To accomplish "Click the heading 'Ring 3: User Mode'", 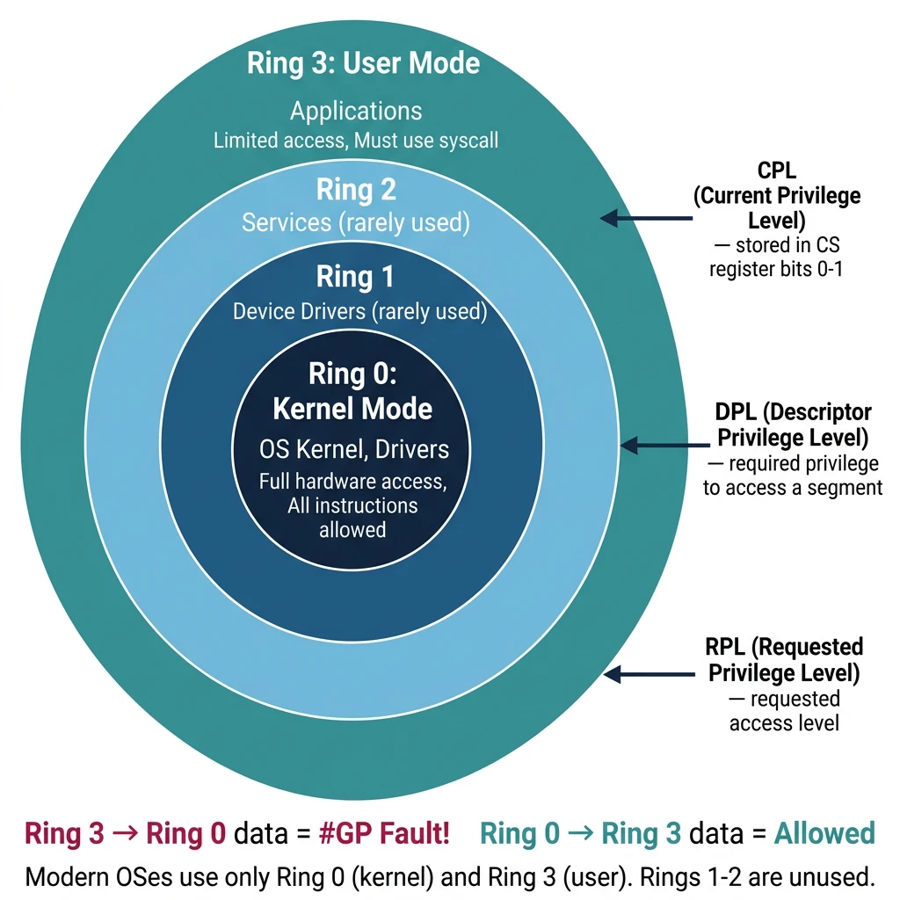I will click(x=363, y=64).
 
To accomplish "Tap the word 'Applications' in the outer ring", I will click(x=356, y=112).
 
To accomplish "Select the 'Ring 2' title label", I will click(x=356, y=190).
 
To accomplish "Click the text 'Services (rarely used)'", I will click(x=356, y=222).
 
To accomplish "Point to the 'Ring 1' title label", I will click(x=356, y=278).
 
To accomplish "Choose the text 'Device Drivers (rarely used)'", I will click(x=359, y=311).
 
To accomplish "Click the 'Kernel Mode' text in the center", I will click(x=352, y=409).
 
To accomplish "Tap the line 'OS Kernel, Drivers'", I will click(x=353, y=450).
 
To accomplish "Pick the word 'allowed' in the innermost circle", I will click(x=352, y=529).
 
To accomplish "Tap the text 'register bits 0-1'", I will click(x=776, y=269).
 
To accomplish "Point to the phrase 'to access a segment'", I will click(x=793, y=487).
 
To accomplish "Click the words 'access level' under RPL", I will click(x=784, y=722).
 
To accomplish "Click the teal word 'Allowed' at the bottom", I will click(x=824, y=833).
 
